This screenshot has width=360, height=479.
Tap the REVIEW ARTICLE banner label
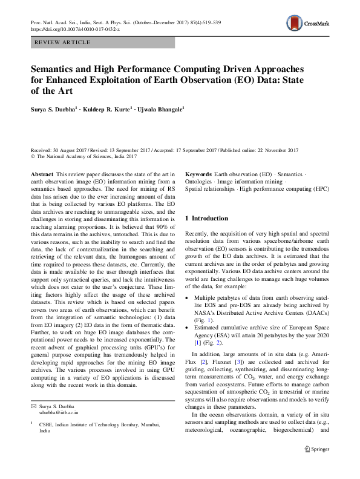(x=63, y=42)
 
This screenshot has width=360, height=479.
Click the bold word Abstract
(x=42, y=174)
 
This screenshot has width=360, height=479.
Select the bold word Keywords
(x=198, y=174)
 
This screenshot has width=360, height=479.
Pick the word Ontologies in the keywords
(x=199, y=182)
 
